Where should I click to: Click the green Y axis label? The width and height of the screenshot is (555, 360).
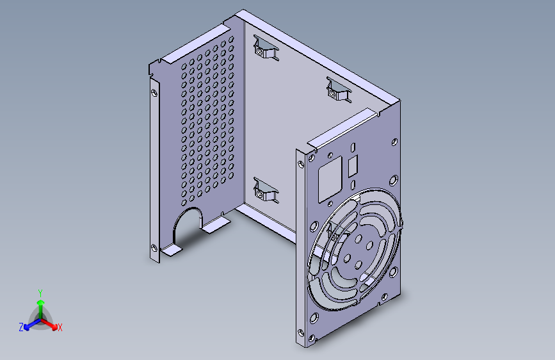[40, 292]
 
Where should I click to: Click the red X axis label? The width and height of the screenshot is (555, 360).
[60, 328]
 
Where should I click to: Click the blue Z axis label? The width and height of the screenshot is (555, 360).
[21, 327]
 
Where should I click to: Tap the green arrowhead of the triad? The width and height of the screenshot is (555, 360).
[40, 302]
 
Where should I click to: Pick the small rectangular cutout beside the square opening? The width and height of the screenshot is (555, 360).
[353, 167]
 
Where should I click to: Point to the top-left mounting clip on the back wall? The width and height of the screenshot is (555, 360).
[265, 49]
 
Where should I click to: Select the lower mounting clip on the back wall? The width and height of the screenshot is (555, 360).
[265, 190]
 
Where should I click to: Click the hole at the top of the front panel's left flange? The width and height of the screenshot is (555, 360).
[302, 163]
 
